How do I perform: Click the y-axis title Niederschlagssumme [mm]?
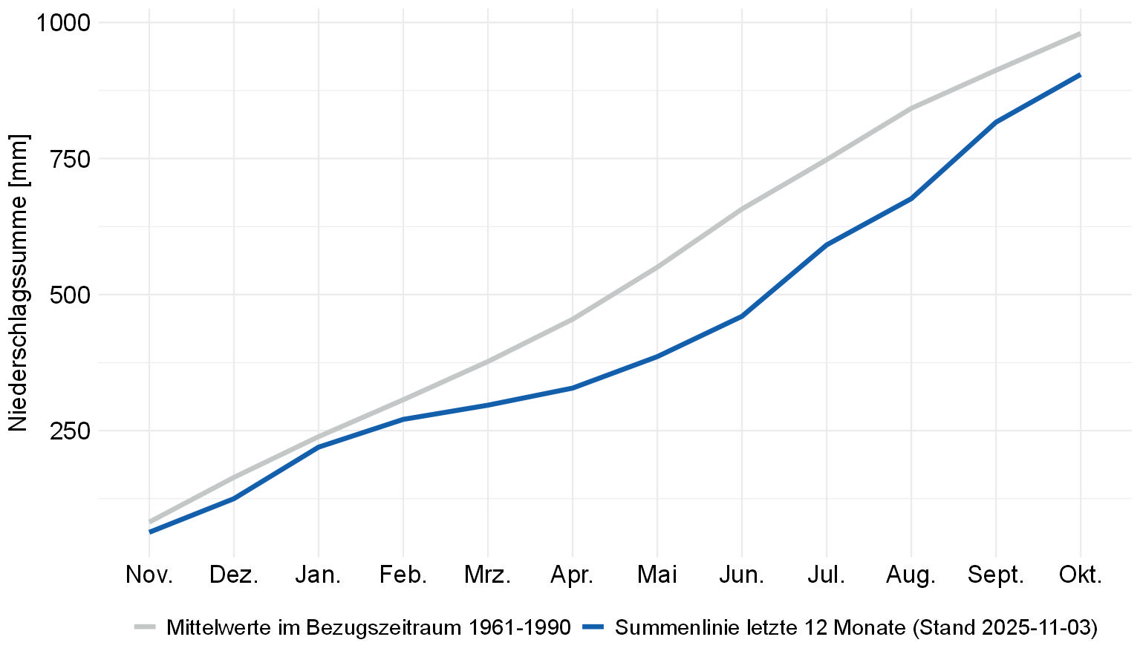pos(18,283)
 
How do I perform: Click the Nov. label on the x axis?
pos(149,575)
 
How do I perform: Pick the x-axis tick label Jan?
pos(319,575)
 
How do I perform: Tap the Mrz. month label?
pos(487,575)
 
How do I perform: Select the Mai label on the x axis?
pos(657,575)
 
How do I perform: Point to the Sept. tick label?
pos(995,575)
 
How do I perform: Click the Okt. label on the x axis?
pos(1080,575)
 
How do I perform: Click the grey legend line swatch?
pos(146,627)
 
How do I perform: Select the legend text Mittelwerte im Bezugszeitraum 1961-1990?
pos(368,627)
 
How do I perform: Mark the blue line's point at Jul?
pos(826,245)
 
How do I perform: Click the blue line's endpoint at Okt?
pos(1080,75)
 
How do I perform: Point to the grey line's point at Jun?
pos(741,209)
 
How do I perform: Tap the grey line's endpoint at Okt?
pos(1080,33)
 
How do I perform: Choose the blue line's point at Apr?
pos(573,388)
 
